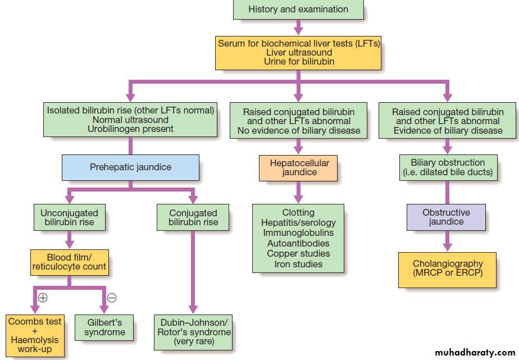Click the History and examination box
pos(298,10)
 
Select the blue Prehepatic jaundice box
pos(130,167)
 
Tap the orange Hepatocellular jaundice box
pos(299,167)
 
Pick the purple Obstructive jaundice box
pos(447,217)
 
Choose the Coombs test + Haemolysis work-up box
pos(34,336)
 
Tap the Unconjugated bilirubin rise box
pos(69,217)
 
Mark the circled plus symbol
pos(43,298)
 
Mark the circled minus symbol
pos(111,298)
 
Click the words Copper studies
pos(298,253)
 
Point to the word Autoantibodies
pos(298,243)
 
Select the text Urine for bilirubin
pos(299,61)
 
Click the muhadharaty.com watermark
pos(475,353)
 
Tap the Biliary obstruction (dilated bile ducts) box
pos(447,167)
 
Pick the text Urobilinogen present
pos(130,129)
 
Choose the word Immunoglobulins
pos(298,233)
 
